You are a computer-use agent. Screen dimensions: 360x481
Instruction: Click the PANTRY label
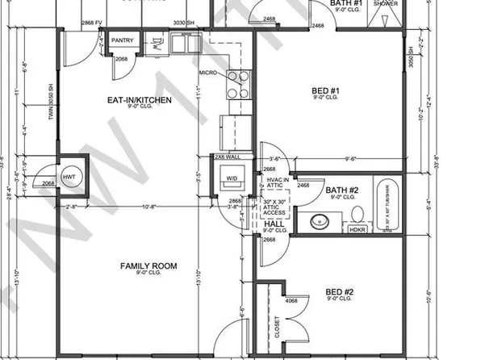pos(122,39)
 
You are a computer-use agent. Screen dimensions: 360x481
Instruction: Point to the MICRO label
pos(210,74)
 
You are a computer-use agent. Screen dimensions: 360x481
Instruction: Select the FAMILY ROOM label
pos(148,266)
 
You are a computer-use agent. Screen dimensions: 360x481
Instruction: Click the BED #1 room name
pos(322,92)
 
